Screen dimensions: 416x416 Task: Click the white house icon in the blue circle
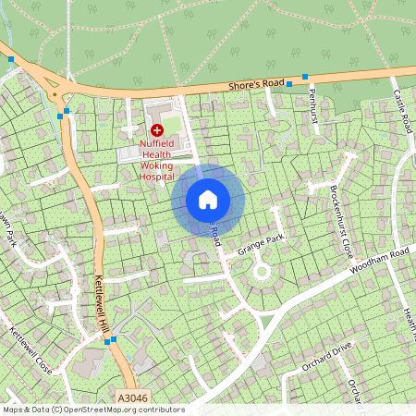(208, 199)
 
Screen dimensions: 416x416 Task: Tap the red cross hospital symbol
(156, 130)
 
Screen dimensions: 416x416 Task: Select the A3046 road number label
(131, 398)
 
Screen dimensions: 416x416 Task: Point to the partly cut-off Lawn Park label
(9, 230)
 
